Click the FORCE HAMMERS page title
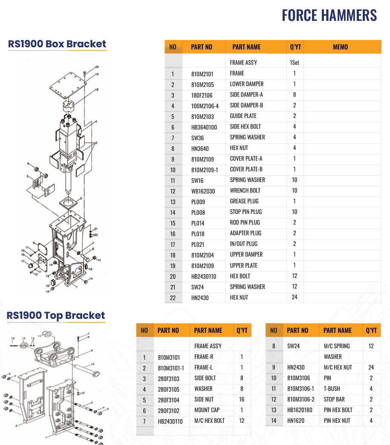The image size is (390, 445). (x=329, y=15)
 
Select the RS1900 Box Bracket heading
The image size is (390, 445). (x=57, y=44)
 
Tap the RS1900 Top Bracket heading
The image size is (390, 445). (x=56, y=315)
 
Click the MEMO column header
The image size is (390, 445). (x=340, y=47)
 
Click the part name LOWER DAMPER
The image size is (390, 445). (x=247, y=84)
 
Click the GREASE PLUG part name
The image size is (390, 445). (x=244, y=201)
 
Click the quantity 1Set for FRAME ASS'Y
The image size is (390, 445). (x=295, y=63)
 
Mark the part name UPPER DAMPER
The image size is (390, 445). (x=246, y=254)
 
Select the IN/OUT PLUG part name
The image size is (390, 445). (x=244, y=244)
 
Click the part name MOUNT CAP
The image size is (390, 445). (x=207, y=410)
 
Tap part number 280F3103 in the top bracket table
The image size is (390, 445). (x=169, y=379)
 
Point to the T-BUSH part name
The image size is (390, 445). (x=332, y=389)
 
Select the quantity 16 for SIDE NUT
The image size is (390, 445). (x=242, y=399)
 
